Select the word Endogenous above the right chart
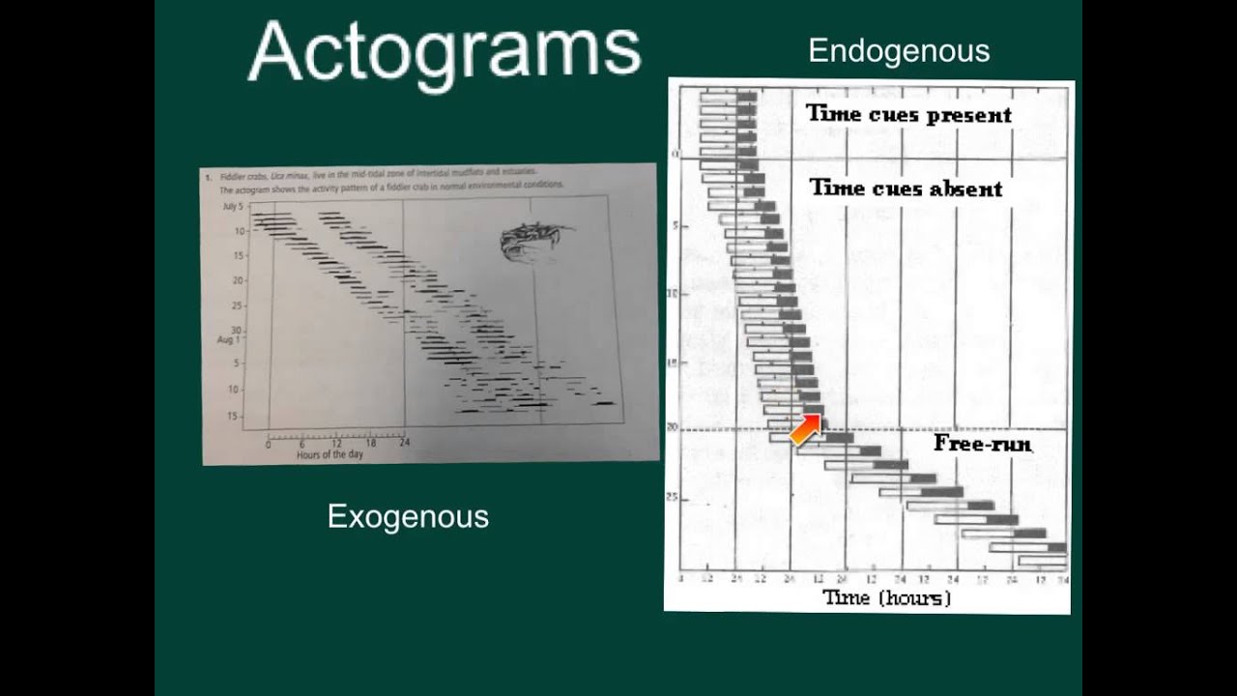[898, 51]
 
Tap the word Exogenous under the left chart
[408, 516]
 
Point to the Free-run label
[982, 444]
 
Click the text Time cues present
[908, 115]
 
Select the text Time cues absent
[906, 188]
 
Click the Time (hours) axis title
[886, 597]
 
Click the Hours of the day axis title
[330, 454]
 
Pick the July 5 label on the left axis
[232, 207]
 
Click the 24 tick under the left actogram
[404, 444]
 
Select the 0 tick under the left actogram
[269, 445]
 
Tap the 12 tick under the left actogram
[336, 444]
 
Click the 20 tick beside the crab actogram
[237, 280]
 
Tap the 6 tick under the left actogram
[302, 445]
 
